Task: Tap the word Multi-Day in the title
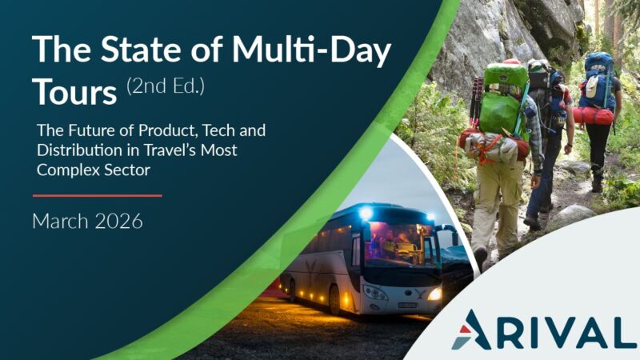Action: pos(312,50)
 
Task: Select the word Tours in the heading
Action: pos(74,92)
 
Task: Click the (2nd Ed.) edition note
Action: pos(166,86)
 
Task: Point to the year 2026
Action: pos(119,222)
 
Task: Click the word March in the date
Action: pos(60,222)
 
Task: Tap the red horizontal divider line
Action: pos(98,196)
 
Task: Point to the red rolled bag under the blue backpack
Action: pos(593,116)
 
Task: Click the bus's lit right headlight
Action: pos(434,294)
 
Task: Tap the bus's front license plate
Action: pos(408,305)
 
